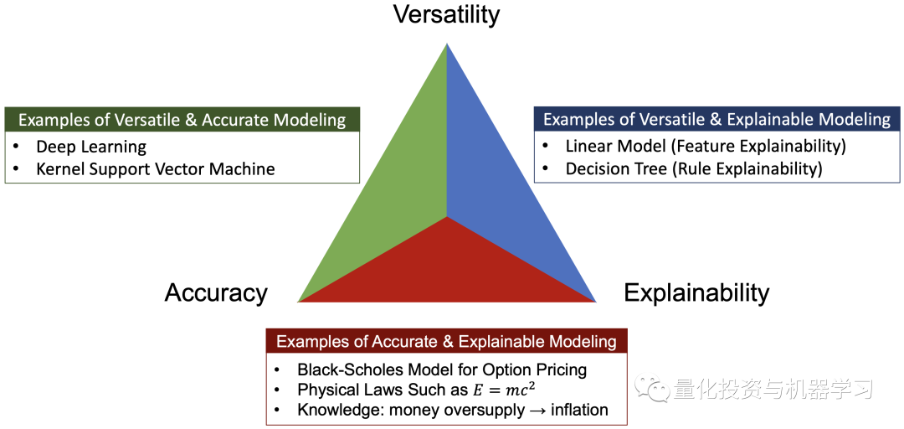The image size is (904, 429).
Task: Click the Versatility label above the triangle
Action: coord(447,14)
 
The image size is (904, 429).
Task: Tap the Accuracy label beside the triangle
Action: coord(216,292)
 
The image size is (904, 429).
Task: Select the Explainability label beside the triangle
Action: coord(696,292)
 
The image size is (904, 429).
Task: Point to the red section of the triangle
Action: coord(448,268)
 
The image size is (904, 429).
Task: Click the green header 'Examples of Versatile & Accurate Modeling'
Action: coord(182,120)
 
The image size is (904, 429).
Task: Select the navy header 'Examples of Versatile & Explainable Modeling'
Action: coord(717,119)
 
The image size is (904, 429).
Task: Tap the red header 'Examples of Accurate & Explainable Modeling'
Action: coord(446,341)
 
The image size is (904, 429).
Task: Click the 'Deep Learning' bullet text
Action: coord(91,147)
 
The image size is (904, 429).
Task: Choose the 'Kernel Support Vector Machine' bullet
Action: coord(156,168)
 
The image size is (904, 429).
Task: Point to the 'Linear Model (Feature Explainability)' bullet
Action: coord(706,147)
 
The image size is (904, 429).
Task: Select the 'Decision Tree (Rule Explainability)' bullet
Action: coord(694,168)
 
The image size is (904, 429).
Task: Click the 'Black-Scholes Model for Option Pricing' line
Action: coord(442,370)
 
